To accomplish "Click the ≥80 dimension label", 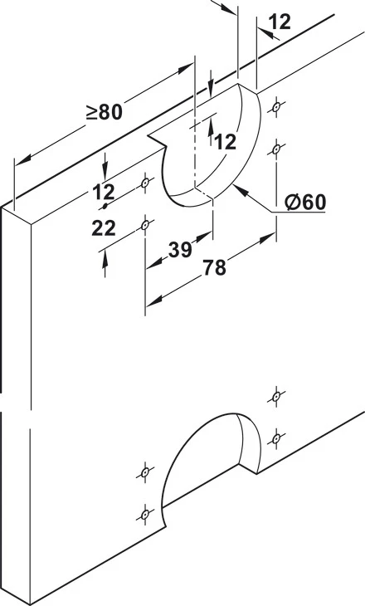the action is point(105,112).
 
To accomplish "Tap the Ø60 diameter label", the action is point(305,202).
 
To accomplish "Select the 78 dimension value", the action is point(214,267).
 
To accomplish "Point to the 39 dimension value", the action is point(180,250).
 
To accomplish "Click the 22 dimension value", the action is point(104,229).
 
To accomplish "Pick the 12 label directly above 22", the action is point(104,192).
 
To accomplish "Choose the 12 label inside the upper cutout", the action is point(225,142).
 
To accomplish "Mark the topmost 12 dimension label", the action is point(280,22).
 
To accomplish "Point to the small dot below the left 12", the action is point(105,207).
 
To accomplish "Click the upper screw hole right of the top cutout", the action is point(275,107).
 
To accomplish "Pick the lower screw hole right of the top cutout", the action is point(275,149).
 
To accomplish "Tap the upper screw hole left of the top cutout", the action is point(145,183).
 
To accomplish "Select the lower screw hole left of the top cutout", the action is point(145,224).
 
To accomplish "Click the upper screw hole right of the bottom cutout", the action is point(275,397).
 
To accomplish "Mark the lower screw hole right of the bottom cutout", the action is point(275,438).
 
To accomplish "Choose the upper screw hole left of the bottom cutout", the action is point(145,472).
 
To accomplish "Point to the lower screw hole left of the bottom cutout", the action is point(145,515).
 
